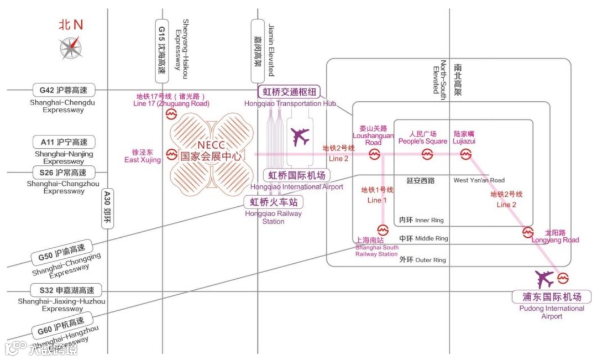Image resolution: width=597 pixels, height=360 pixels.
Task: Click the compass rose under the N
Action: (x=71, y=48)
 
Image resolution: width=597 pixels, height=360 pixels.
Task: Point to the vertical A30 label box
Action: (x=108, y=209)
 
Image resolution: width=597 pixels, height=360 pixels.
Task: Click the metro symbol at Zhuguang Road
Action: (x=171, y=114)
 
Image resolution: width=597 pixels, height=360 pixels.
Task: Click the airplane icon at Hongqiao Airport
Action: (x=301, y=136)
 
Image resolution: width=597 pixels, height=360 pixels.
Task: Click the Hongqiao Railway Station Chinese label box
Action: (x=274, y=202)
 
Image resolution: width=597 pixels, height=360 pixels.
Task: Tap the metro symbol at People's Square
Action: (x=427, y=155)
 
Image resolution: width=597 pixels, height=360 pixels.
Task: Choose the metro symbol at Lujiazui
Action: (x=466, y=155)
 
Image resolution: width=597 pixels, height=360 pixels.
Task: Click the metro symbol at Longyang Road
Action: (x=528, y=232)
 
